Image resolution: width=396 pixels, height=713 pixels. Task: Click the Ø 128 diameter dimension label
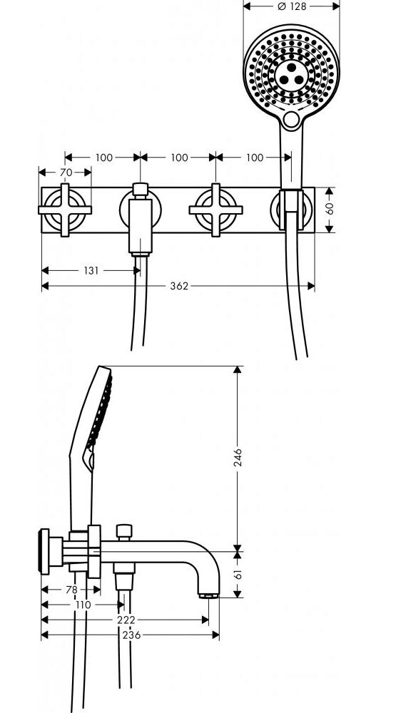[x=292, y=6]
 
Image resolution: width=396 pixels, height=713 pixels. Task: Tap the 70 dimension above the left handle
[x=66, y=173]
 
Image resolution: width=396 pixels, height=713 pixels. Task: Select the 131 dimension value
[x=91, y=270]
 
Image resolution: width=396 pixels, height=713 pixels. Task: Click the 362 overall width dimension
[x=179, y=286]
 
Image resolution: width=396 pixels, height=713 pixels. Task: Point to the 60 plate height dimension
[x=330, y=208]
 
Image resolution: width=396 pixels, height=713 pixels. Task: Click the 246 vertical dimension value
[x=238, y=458]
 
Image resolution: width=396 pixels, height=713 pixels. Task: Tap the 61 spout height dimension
[x=238, y=573]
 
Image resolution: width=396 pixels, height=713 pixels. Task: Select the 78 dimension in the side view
[x=71, y=590]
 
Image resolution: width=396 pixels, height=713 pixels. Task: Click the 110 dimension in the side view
[x=82, y=605]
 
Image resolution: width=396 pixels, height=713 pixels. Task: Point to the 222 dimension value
[x=126, y=620]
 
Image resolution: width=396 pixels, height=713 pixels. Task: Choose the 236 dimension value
[x=131, y=635]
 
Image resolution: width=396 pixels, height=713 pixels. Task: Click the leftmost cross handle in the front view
[x=65, y=210]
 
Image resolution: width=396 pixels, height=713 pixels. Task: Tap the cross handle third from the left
[x=215, y=210]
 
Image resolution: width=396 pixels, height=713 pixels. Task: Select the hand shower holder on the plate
[x=291, y=210]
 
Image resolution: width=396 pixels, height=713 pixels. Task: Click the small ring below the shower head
[x=291, y=119]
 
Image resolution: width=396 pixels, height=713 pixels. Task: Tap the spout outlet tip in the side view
[x=209, y=595]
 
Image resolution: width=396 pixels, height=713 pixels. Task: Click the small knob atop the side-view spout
[x=124, y=531]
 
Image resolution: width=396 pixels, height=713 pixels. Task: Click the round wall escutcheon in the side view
[x=45, y=552]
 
